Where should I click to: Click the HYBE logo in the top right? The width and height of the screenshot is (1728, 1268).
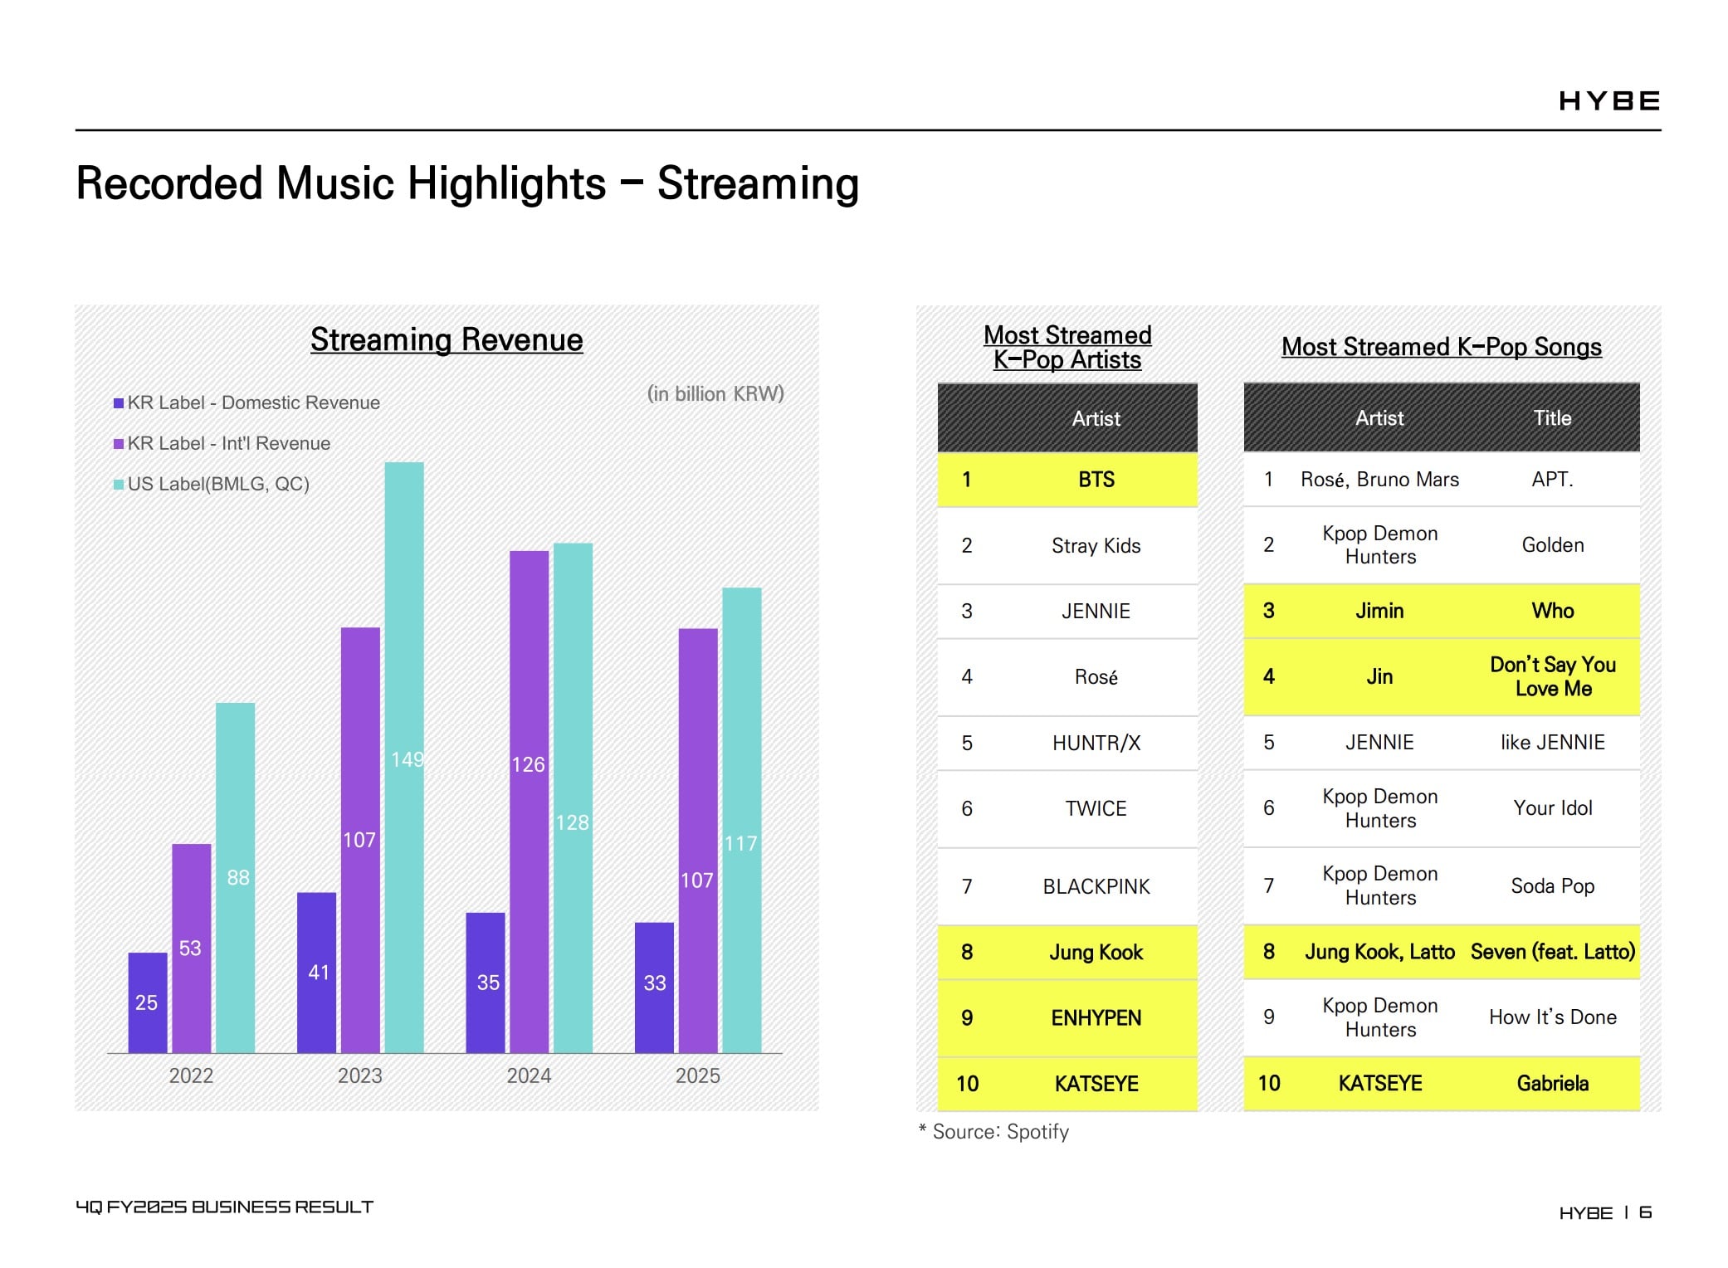point(1609,101)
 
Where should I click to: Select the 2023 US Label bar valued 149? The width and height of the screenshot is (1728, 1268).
point(404,758)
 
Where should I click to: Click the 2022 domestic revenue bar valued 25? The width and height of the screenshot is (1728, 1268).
point(148,1002)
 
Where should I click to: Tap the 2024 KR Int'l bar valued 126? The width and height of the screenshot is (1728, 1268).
point(530,802)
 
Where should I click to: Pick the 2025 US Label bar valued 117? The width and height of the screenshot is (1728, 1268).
point(742,820)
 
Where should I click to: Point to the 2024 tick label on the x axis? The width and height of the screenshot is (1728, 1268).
point(529,1075)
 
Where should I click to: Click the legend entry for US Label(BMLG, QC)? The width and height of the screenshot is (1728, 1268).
point(212,484)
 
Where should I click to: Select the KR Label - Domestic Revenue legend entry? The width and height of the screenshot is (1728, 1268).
point(247,402)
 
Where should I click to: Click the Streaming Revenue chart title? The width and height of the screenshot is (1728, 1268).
point(447,339)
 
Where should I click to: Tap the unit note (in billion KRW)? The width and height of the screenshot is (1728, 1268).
point(715,393)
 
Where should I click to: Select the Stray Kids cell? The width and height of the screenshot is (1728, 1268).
point(1096,545)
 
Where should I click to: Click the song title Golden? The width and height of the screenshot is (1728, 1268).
point(1553,544)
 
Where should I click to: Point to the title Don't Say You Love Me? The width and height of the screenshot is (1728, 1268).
point(1553,676)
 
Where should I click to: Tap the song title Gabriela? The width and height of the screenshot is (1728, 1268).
point(1553,1083)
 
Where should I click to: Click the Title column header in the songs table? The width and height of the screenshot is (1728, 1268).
point(1553,417)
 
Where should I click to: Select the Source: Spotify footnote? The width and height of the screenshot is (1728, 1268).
point(993,1131)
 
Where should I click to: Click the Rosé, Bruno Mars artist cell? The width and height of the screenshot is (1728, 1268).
point(1379,480)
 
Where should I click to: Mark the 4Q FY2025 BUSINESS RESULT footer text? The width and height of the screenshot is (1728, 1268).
point(224,1207)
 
